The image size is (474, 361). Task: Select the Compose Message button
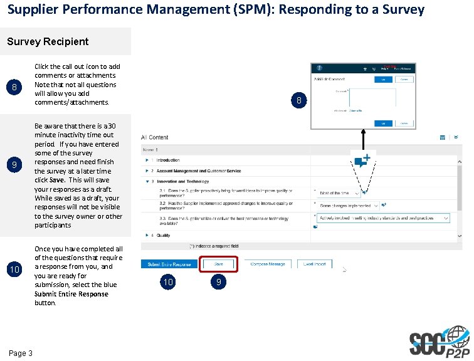(268, 264)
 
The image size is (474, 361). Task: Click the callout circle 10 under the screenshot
(167, 283)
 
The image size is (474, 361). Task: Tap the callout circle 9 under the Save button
(218, 283)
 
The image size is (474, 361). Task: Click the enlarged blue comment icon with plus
(362, 160)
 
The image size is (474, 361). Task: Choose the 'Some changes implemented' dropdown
(349, 205)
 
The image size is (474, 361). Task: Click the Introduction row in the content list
(167, 160)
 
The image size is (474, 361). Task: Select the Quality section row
(163, 235)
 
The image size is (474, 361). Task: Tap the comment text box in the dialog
(372, 99)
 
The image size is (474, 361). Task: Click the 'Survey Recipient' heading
(48, 41)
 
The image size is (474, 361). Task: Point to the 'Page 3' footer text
(21, 353)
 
